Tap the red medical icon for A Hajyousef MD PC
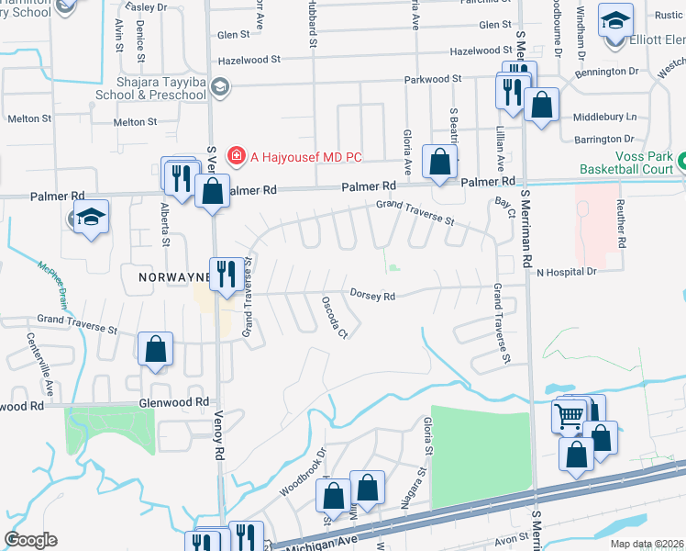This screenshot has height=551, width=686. [x=237, y=156]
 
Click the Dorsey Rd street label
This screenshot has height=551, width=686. [x=372, y=296]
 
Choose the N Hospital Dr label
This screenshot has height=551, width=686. [x=567, y=272]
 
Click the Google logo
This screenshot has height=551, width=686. [x=30, y=540]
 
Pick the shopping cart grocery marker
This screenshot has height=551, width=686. [x=569, y=417]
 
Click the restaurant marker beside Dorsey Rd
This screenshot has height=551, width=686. [x=227, y=274]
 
